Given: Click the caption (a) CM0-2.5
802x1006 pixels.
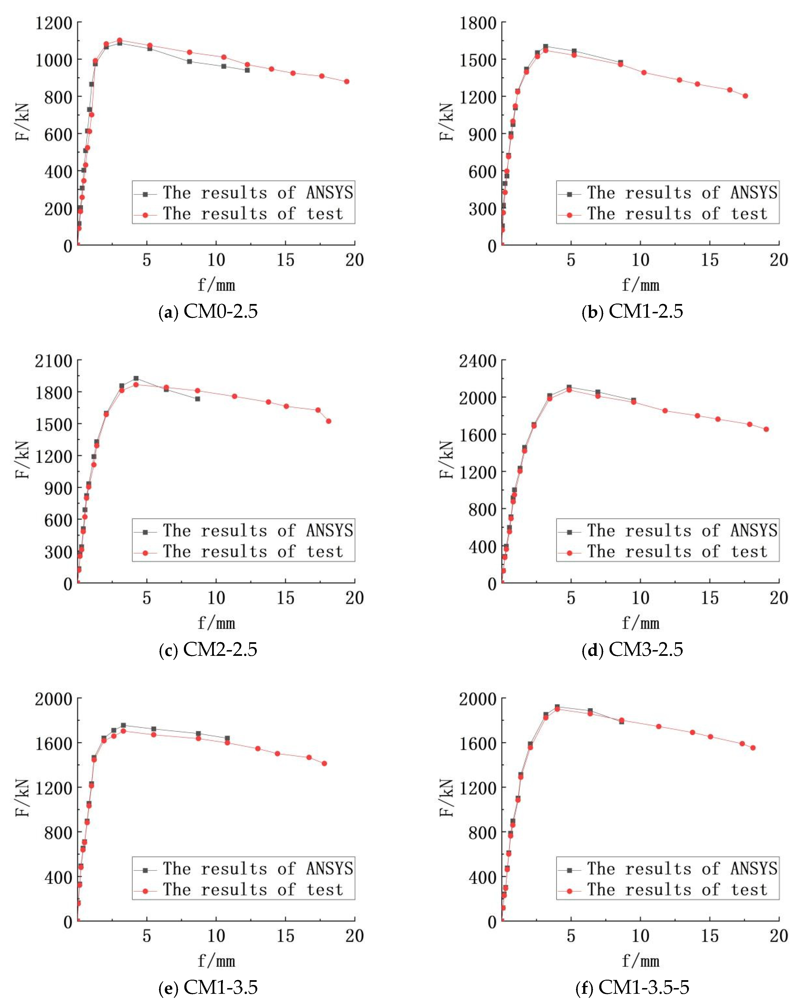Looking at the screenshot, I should coord(208,311).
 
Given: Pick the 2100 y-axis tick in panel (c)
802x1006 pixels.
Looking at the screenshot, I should coord(54,361).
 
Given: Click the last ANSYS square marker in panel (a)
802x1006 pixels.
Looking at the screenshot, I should coord(247,70).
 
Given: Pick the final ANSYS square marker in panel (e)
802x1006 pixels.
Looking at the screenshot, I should coord(227,738).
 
